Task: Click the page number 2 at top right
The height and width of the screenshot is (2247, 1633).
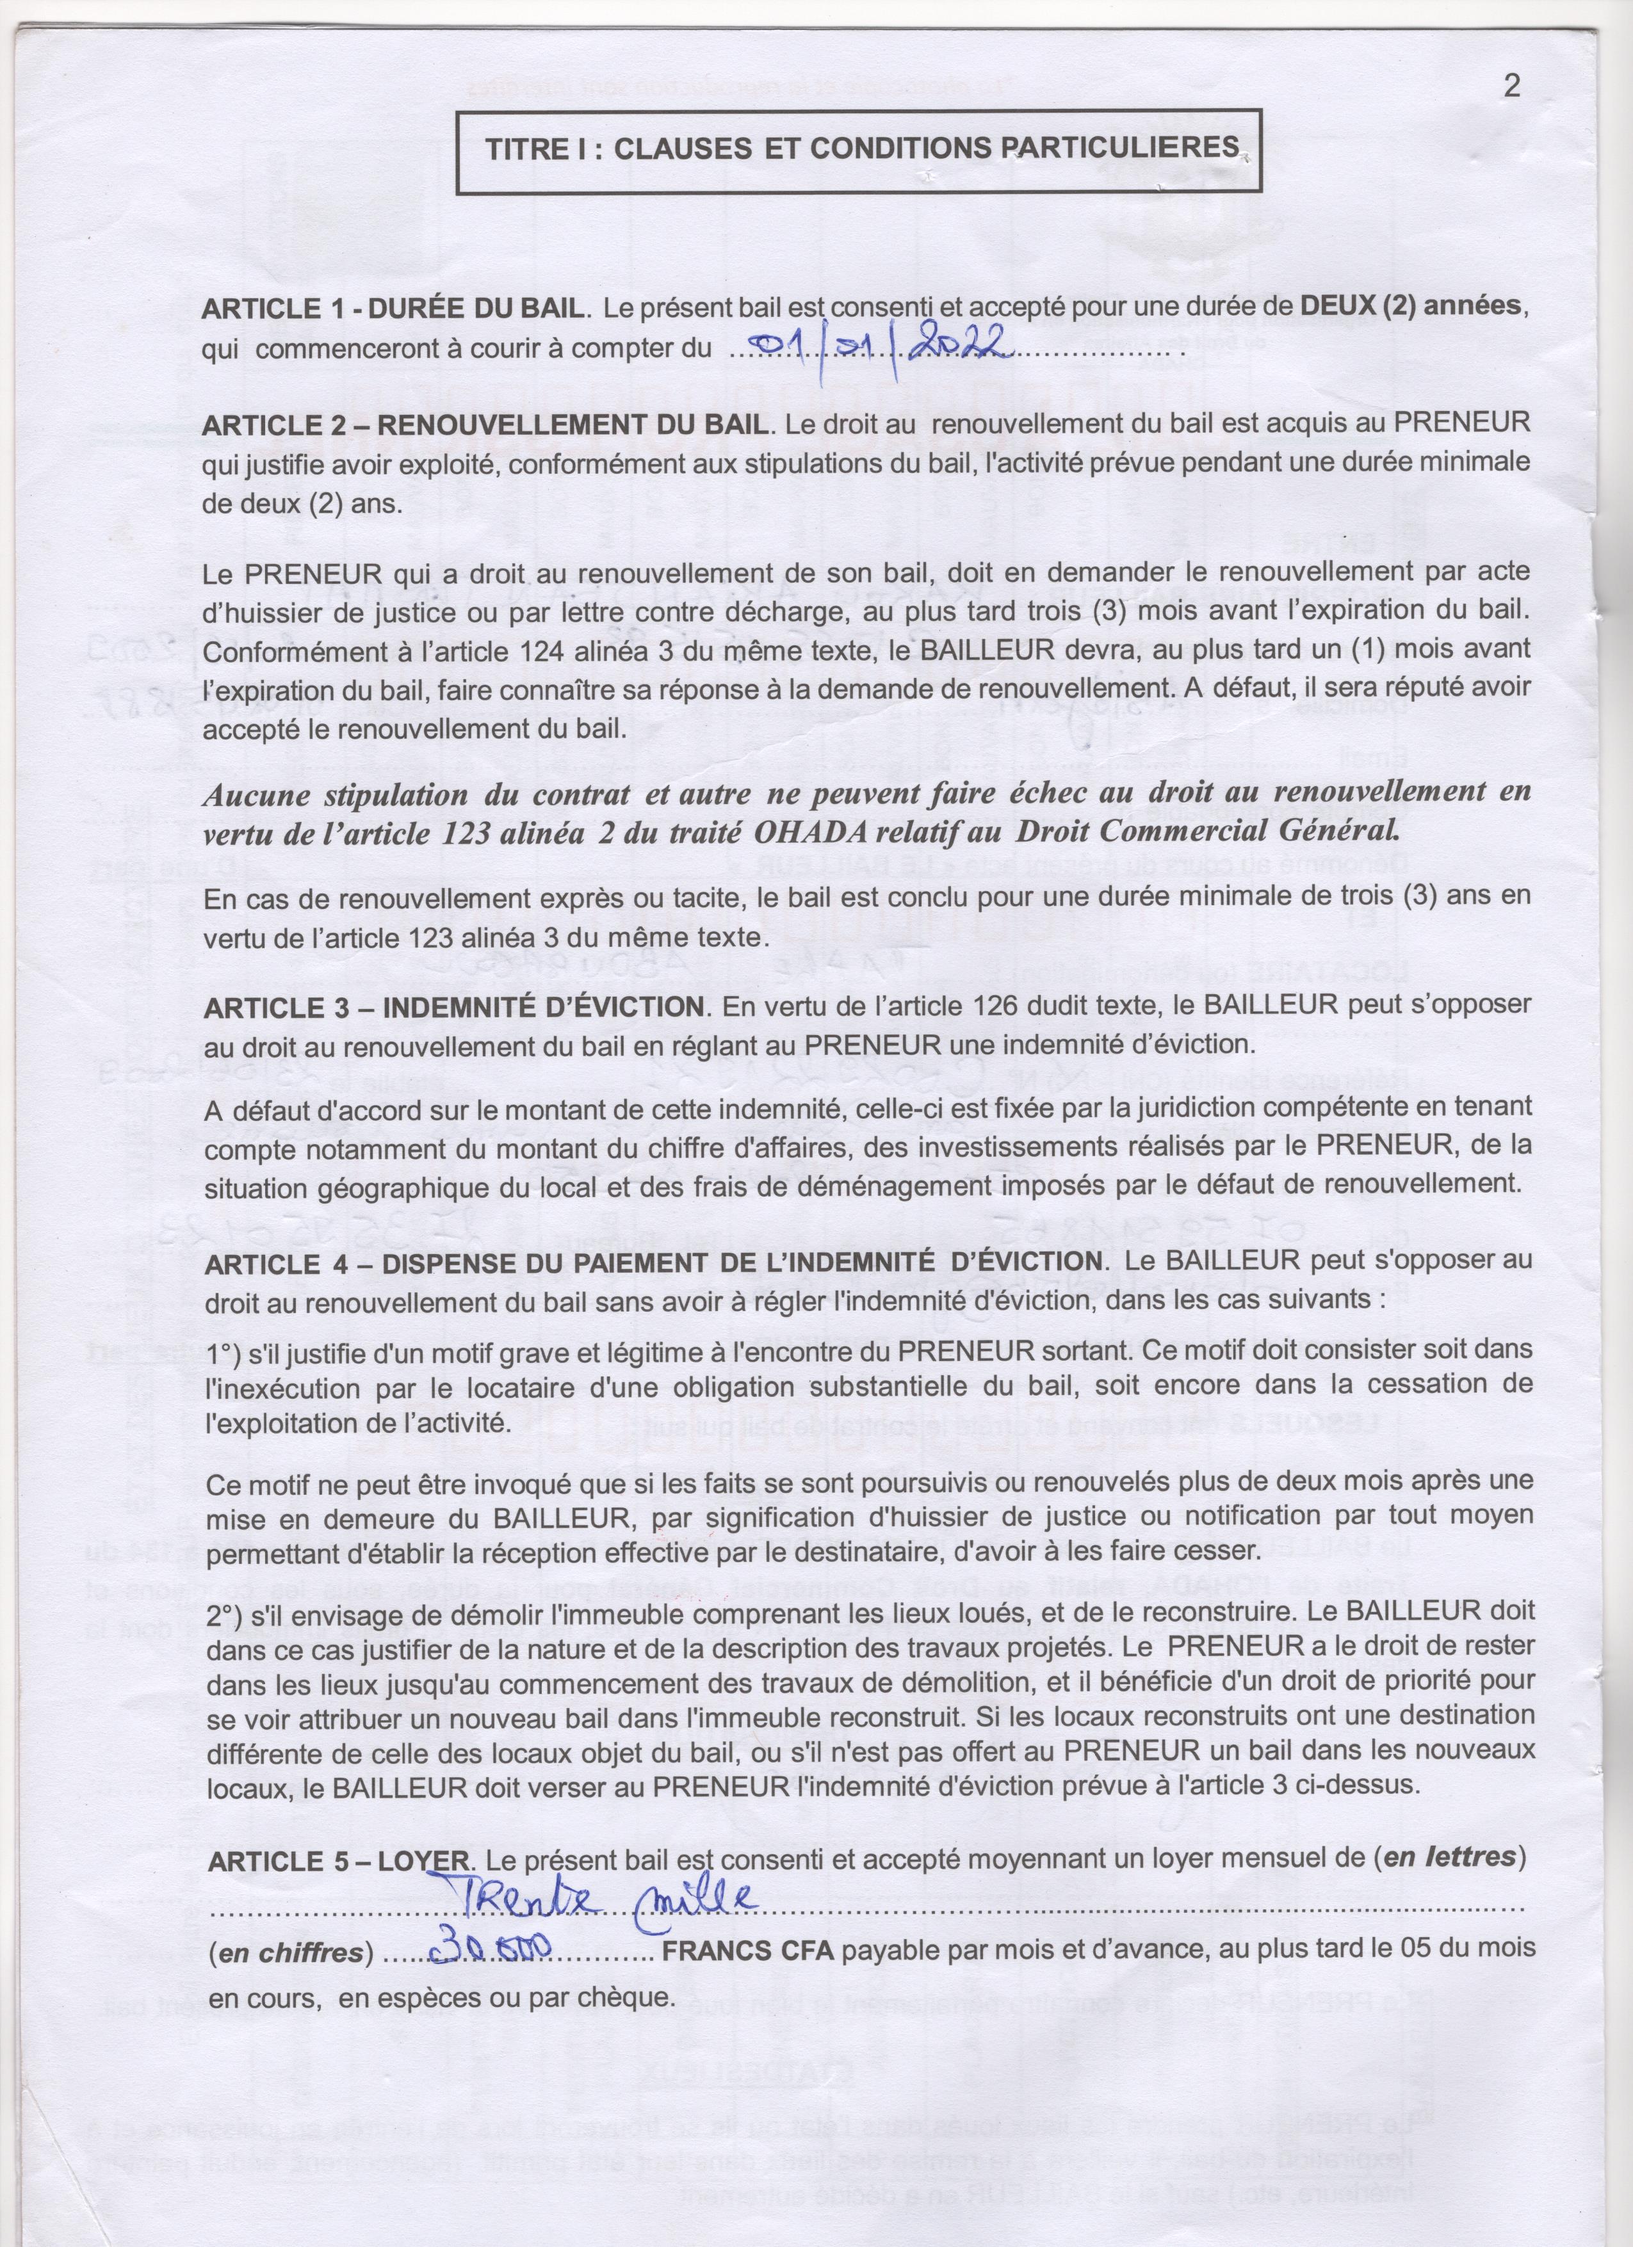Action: pos(1511,86)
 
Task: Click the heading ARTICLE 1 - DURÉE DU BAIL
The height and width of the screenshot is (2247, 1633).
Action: pos(391,307)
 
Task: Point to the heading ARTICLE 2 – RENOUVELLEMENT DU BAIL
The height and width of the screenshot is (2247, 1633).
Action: pos(483,424)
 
